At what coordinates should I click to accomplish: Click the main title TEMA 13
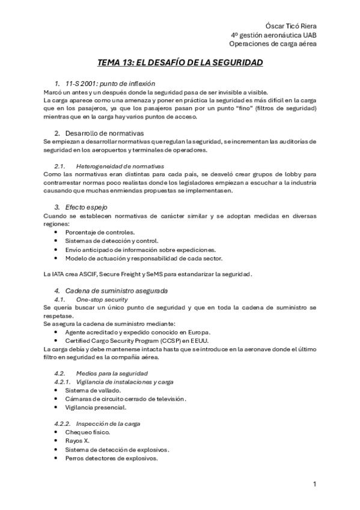pyautogui.click(x=180, y=63)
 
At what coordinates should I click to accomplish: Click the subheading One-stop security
pyautogui.click(x=102, y=299)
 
